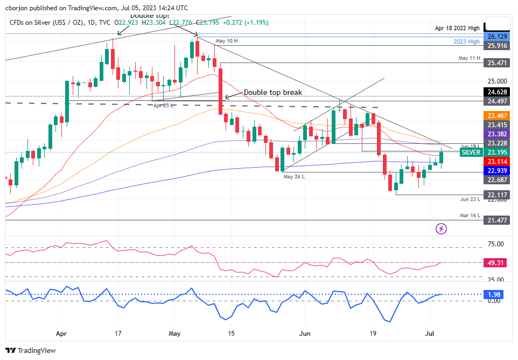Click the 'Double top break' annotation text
pos(273,92)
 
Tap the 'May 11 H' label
pos(468,58)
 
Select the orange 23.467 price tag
pos(499,115)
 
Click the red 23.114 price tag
pos(499,161)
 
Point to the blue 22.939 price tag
pos(499,171)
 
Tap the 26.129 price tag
pos(499,37)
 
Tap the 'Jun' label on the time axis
pos(304,333)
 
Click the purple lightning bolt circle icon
pos(441,229)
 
